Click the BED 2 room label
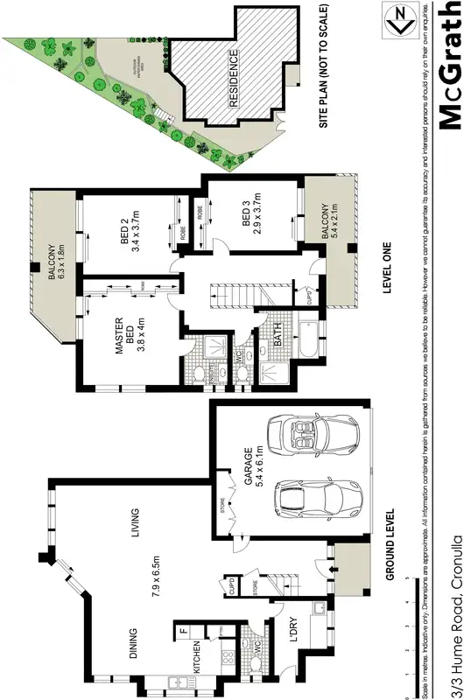130,234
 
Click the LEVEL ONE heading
387,271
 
